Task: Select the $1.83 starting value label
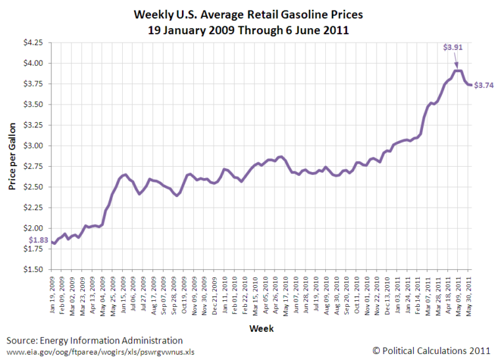pos(38,241)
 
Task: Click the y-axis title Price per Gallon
pos(12,156)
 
